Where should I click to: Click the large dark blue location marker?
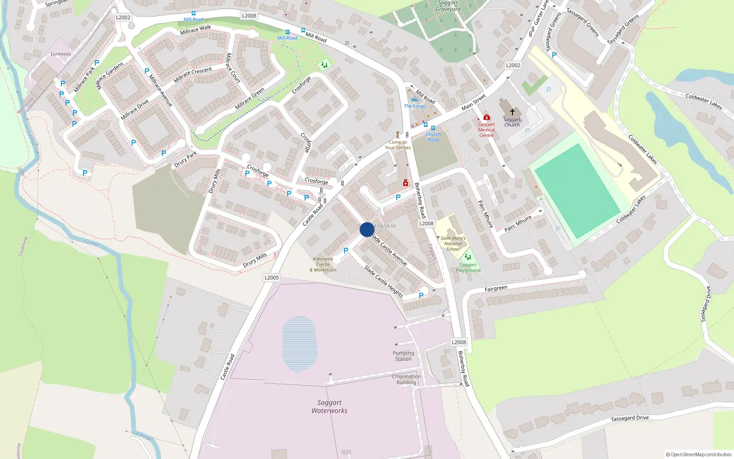(367, 229)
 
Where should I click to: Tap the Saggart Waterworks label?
(329, 407)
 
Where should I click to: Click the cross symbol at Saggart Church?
(512, 112)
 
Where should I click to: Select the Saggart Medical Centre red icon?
(487, 118)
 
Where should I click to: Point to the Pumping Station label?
(403, 356)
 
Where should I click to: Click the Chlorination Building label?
(406, 379)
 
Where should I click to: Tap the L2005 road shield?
(272, 278)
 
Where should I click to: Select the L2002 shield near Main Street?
(513, 65)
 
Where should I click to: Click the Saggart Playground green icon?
(467, 257)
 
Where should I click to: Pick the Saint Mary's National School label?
(453, 244)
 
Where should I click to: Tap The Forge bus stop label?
(415, 106)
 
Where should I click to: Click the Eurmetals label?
(61, 54)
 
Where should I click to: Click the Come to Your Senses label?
(398, 145)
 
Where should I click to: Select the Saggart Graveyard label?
(448, 6)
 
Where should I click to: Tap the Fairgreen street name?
(496, 289)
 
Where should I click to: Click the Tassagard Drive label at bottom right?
(629, 418)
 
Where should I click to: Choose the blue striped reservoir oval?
(300, 343)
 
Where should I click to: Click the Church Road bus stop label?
(433, 137)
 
